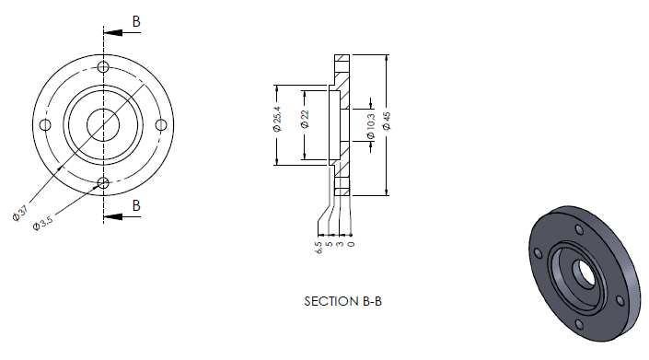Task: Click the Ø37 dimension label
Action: (20, 213)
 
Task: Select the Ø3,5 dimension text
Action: (43, 223)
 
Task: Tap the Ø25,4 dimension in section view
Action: (277, 119)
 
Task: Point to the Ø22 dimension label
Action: (305, 119)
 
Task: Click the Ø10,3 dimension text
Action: (370, 126)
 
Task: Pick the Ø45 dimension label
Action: (387, 121)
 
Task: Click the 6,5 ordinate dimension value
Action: (319, 248)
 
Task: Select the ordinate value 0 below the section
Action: (351, 244)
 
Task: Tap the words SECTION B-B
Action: (342, 301)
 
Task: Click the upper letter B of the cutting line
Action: (136, 21)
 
